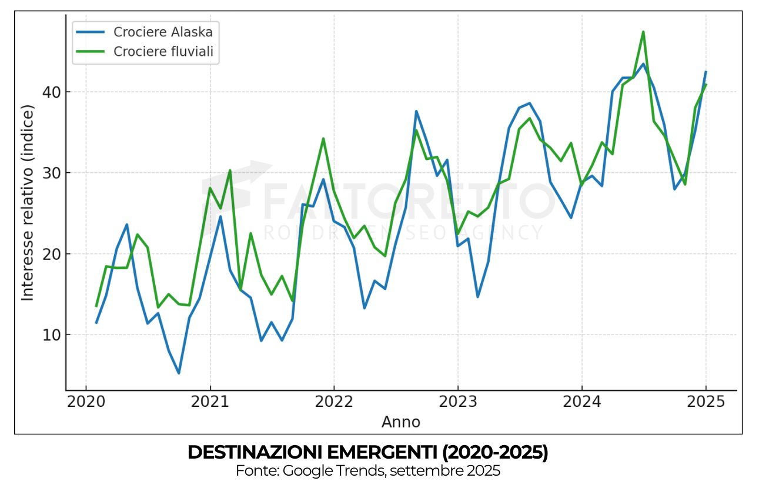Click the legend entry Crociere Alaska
(163, 32)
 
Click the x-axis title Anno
(401, 422)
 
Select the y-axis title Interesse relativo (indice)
(28, 203)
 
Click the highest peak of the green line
(643, 32)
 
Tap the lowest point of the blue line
(179, 373)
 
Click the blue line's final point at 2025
(705, 72)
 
